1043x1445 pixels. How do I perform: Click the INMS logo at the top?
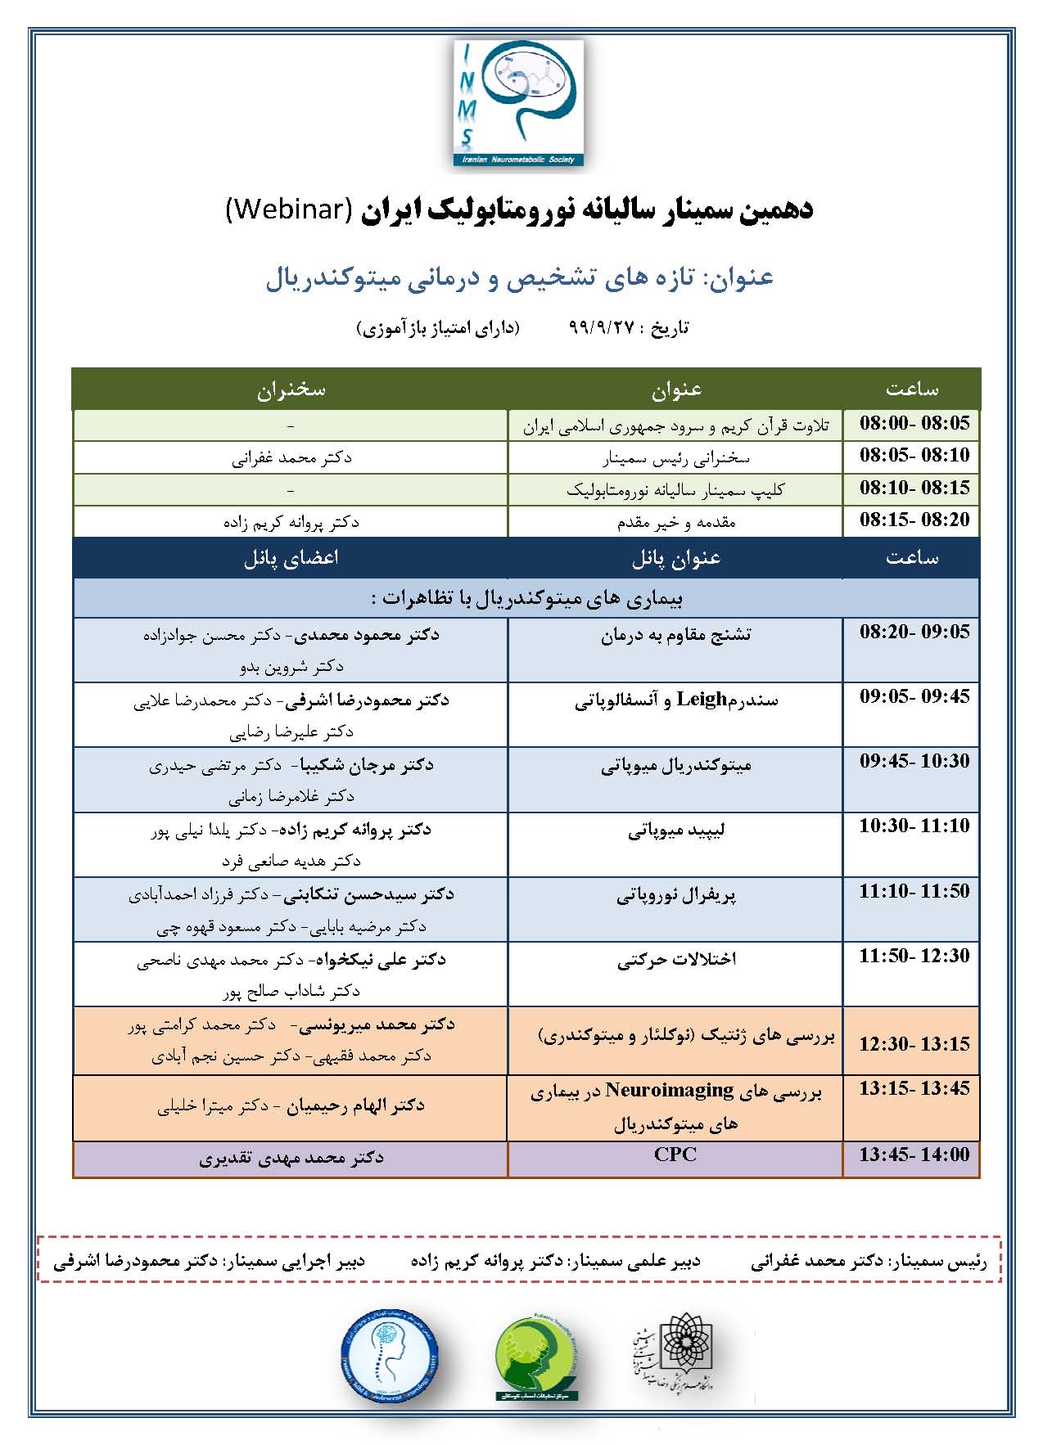click(x=519, y=104)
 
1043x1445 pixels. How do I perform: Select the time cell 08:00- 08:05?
click(x=914, y=424)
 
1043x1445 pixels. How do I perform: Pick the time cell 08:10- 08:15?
click(x=914, y=488)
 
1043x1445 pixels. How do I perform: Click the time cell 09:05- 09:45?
click(x=914, y=697)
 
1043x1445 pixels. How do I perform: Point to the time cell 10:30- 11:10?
click(x=914, y=826)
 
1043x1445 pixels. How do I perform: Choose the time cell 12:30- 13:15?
click(x=914, y=1044)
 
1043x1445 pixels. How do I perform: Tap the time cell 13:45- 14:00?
click(x=914, y=1155)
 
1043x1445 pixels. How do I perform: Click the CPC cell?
click(x=675, y=1155)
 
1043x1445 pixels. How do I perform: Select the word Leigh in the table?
click(x=702, y=700)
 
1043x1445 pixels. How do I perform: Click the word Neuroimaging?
click(x=670, y=1091)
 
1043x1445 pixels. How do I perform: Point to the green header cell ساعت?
click(x=912, y=389)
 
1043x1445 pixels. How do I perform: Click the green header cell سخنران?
click(x=291, y=389)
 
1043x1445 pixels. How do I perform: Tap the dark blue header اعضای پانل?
click(x=291, y=558)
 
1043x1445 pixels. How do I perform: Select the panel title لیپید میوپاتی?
click(x=676, y=831)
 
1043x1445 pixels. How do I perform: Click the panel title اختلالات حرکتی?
click(x=676, y=960)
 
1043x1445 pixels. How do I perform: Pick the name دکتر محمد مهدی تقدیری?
click(x=291, y=1159)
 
